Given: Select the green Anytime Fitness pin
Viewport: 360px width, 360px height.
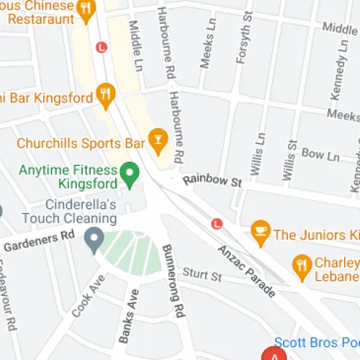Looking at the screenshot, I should point(129,173).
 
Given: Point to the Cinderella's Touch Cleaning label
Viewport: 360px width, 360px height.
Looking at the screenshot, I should point(68,211).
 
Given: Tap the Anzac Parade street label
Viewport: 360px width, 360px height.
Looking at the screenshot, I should point(246,270).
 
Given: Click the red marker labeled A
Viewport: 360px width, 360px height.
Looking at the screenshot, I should point(274,354).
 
